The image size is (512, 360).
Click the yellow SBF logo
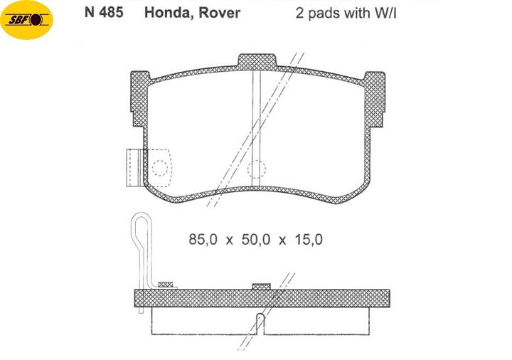click(26, 20)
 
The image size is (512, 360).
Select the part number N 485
click(104, 12)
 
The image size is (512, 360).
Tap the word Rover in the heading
click(220, 13)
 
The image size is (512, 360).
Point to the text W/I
click(385, 13)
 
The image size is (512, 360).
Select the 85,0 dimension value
click(203, 240)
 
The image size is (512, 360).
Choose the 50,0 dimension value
click(256, 240)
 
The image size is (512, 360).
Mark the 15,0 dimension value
click(309, 240)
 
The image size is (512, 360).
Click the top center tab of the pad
click(257, 62)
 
